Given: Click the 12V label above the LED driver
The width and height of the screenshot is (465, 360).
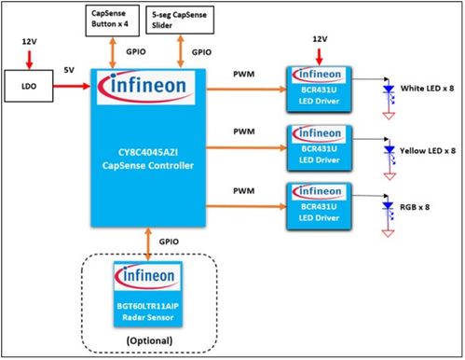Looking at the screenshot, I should (x=320, y=38).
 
